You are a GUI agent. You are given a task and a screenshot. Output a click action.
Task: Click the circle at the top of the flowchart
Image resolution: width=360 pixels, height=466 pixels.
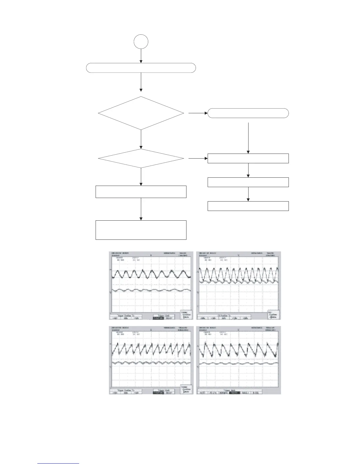pyautogui.click(x=141, y=42)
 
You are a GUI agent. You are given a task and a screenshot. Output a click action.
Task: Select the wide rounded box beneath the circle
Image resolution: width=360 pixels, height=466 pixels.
pyautogui.click(x=141, y=68)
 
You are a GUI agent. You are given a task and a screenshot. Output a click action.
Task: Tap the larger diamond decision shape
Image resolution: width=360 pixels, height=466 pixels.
pyautogui.click(x=141, y=113)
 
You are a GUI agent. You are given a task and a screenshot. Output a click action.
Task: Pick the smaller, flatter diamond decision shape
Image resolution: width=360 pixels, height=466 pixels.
pyautogui.click(x=141, y=158)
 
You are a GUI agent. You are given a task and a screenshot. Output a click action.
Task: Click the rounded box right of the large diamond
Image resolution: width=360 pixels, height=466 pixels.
pyautogui.click(x=248, y=113)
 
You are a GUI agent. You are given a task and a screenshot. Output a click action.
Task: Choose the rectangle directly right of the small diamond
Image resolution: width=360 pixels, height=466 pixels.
pyautogui.click(x=248, y=158)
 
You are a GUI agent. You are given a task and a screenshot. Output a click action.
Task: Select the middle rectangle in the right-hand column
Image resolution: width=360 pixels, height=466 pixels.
pyautogui.click(x=248, y=182)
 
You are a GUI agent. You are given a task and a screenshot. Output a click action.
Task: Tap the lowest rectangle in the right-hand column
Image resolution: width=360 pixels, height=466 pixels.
pyautogui.click(x=248, y=206)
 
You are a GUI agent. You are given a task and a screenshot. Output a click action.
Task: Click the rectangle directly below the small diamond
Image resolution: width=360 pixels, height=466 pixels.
pyautogui.click(x=141, y=192)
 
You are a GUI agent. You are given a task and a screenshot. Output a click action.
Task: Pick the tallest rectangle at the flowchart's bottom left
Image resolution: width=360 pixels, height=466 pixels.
pyautogui.click(x=141, y=230)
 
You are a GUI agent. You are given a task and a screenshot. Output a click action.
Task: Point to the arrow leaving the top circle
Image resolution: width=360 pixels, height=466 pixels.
pyautogui.click(x=141, y=56)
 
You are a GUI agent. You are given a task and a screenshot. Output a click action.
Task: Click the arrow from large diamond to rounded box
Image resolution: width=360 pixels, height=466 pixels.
pyautogui.click(x=197, y=113)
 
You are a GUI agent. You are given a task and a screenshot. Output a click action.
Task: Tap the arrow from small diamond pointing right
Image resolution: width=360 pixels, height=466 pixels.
pyautogui.click(x=197, y=158)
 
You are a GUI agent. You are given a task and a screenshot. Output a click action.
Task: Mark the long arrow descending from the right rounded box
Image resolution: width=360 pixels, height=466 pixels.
pyautogui.click(x=248, y=138)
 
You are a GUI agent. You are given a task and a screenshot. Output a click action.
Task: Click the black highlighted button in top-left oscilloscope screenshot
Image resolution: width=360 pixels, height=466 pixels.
pyautogui.click(x=159, y=318)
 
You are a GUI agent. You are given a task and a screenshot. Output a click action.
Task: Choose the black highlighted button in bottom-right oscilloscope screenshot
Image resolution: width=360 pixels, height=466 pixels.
pyautogui.click(x=234, y=392)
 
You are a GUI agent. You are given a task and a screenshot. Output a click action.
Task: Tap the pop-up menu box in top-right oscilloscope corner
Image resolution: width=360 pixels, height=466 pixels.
pyautogui.click(x=274, y=315)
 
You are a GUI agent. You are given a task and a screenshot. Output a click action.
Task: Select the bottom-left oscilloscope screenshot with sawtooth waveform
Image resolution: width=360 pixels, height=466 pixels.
pyautogui.click(x=151, y=360)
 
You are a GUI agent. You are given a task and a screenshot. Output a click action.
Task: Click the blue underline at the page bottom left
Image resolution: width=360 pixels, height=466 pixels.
pyautogui.click(x=58, y=464)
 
